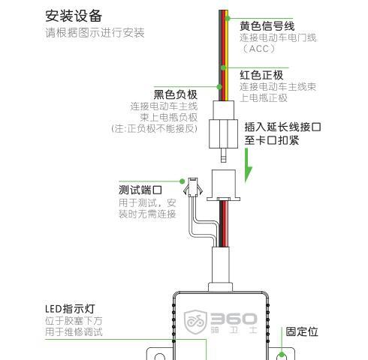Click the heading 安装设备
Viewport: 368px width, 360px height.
74,16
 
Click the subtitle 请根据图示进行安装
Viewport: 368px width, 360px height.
95,33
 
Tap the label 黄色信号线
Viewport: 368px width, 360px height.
267,26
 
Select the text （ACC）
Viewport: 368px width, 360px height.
258,49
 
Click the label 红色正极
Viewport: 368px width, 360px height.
261,75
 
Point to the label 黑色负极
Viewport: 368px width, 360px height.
176,94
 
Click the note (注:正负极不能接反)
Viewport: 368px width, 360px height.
154,128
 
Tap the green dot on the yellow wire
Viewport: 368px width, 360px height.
228,18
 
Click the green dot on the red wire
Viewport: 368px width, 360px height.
224,67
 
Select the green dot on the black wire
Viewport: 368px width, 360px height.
219,87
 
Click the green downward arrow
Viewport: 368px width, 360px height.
247,166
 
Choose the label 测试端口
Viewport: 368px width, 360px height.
140,190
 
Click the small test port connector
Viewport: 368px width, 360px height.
193,187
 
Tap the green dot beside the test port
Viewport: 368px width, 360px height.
182,181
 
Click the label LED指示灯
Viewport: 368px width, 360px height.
70,309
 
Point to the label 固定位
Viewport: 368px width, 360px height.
302,331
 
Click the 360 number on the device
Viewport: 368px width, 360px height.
234,319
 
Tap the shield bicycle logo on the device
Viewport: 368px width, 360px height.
195,322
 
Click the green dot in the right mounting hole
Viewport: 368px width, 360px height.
282,355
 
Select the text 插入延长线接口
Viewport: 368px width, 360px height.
282,127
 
